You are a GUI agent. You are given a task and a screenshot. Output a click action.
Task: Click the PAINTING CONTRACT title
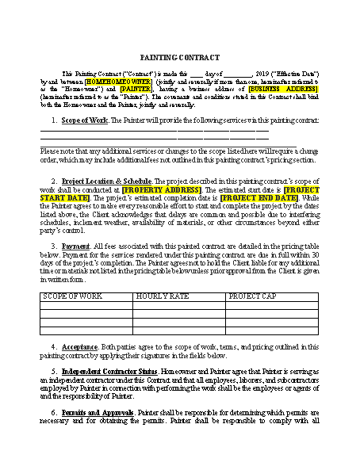coord(179,58)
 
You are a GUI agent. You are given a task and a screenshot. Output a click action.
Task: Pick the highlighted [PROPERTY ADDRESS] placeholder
coord(157,190)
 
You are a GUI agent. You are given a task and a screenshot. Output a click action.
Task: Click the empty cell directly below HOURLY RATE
coord(178,305)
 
